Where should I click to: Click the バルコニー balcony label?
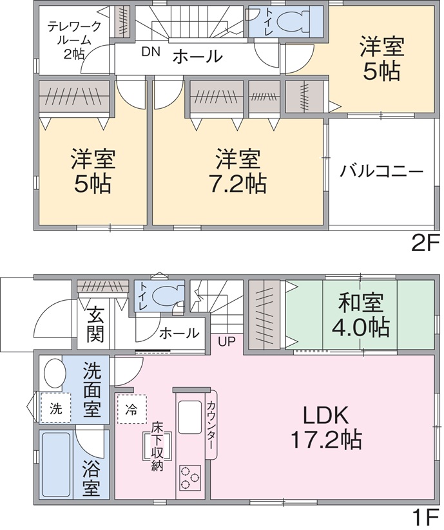tap(381, 171)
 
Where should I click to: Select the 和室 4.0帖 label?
tap(360, 316)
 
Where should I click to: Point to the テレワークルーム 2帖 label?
tap(74, 40)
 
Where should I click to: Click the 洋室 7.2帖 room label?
tap(238, 171)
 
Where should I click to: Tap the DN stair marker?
tap(151, 52)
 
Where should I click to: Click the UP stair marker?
tap(226, 341)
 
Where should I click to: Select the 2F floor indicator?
tap(425, 243)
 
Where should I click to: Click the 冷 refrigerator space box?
tap(132, 409)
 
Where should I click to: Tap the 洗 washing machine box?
tap(56, 408)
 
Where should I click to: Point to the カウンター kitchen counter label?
tap(210, 424)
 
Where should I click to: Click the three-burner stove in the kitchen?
tap(189, 477)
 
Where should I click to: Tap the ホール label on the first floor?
tap(179, 334)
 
